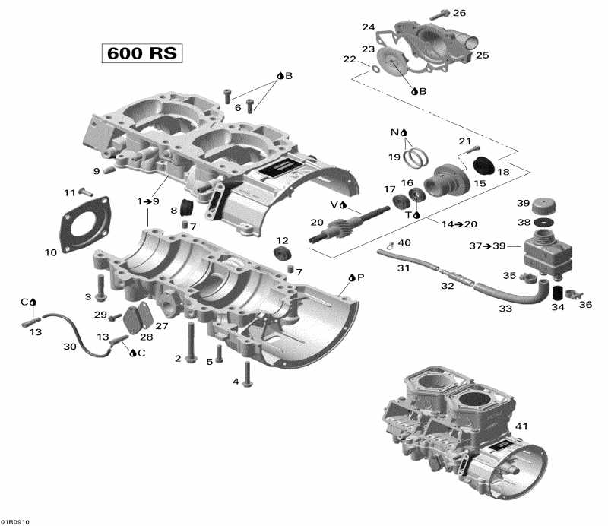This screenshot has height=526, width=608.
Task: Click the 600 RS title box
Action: [143, 54]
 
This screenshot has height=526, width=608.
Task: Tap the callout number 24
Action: [369, 27]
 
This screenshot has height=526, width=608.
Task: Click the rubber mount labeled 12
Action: [282, 253]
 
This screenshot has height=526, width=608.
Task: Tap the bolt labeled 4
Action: [246, 370]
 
